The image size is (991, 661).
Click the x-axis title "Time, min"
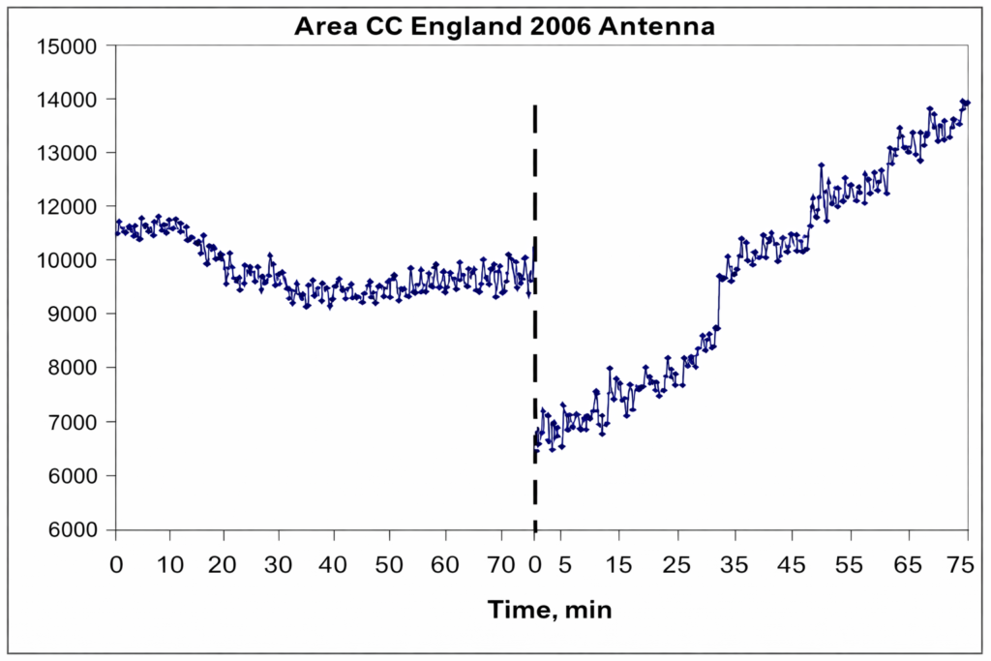pos(550,610)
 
